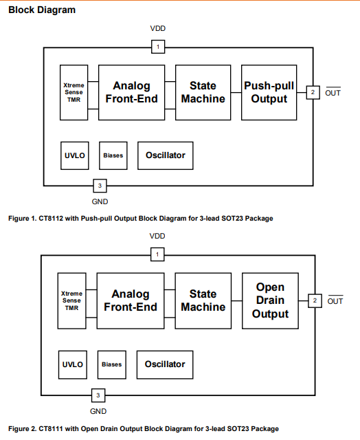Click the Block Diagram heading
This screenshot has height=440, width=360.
click(x=42, y=10)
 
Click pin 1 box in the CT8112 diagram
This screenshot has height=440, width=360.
click(x=158, y=47)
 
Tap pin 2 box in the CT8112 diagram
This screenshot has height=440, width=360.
click(x=313, y=92)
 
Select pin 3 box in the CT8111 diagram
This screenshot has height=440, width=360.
click(x=98, y=395)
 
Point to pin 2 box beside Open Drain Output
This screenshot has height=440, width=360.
click(x=315, y=301)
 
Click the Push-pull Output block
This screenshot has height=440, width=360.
click(x=269, y=93)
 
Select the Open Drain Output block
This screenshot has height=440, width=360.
click(x=270, y=301)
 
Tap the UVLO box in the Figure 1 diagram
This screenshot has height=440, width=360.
click(x=75, y=155)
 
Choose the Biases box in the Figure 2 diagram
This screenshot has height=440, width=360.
click(x=112, y=365)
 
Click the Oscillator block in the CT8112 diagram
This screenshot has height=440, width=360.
click(x=166, y=155)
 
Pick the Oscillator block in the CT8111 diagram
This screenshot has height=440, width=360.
click(x=165, y=365)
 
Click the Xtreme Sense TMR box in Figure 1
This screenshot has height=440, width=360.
click(x=74, y=93)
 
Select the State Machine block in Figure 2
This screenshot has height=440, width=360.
click(x=203, y=301)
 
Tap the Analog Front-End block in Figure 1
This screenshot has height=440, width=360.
click(x=131, y=93)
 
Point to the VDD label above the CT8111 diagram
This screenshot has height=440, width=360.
click(x=157, y=236)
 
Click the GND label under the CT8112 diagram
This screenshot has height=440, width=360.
click(x=100, y=201)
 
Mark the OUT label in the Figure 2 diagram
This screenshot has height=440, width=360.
click(x=335, y=301)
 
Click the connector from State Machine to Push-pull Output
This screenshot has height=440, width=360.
click(x=236, y=93)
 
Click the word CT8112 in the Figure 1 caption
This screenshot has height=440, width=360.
click(x=51, y=219)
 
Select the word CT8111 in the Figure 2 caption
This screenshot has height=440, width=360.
click(x=51, y=429)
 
